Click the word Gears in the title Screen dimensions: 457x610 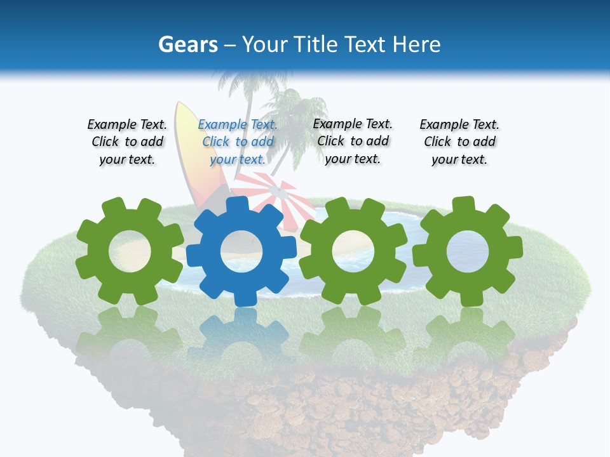pos(187,44)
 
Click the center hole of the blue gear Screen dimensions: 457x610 pos(241,251)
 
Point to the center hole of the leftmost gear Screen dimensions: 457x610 pos(130,251)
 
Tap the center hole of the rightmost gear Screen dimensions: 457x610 pos(468,251)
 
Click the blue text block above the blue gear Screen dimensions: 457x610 pos(238,142)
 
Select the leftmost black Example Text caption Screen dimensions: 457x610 pos(127,142)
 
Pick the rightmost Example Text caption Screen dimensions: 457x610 pos(459,142)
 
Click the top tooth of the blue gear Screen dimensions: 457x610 pos(237,205)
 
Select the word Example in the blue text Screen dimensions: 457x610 pos(223,125)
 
